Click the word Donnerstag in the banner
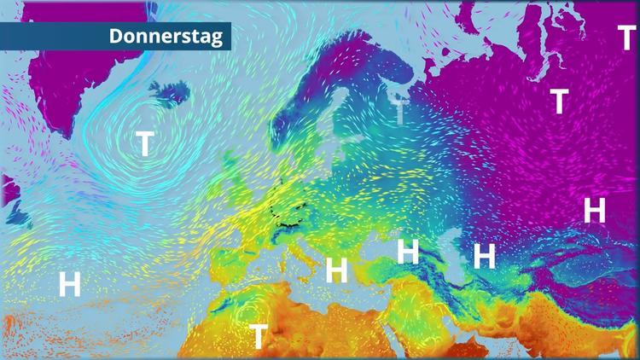coord(165,37)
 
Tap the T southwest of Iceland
coord(146,143)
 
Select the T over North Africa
coord(258,336)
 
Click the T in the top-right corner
coord(627,38)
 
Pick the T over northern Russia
coord(559,101)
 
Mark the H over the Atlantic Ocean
coord(69,282)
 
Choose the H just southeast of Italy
coord(337,270)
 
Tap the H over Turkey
coord(408,252)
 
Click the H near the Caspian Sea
coord(485,255)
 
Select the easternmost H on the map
coord(594,209)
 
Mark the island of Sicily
coord(305,278)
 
